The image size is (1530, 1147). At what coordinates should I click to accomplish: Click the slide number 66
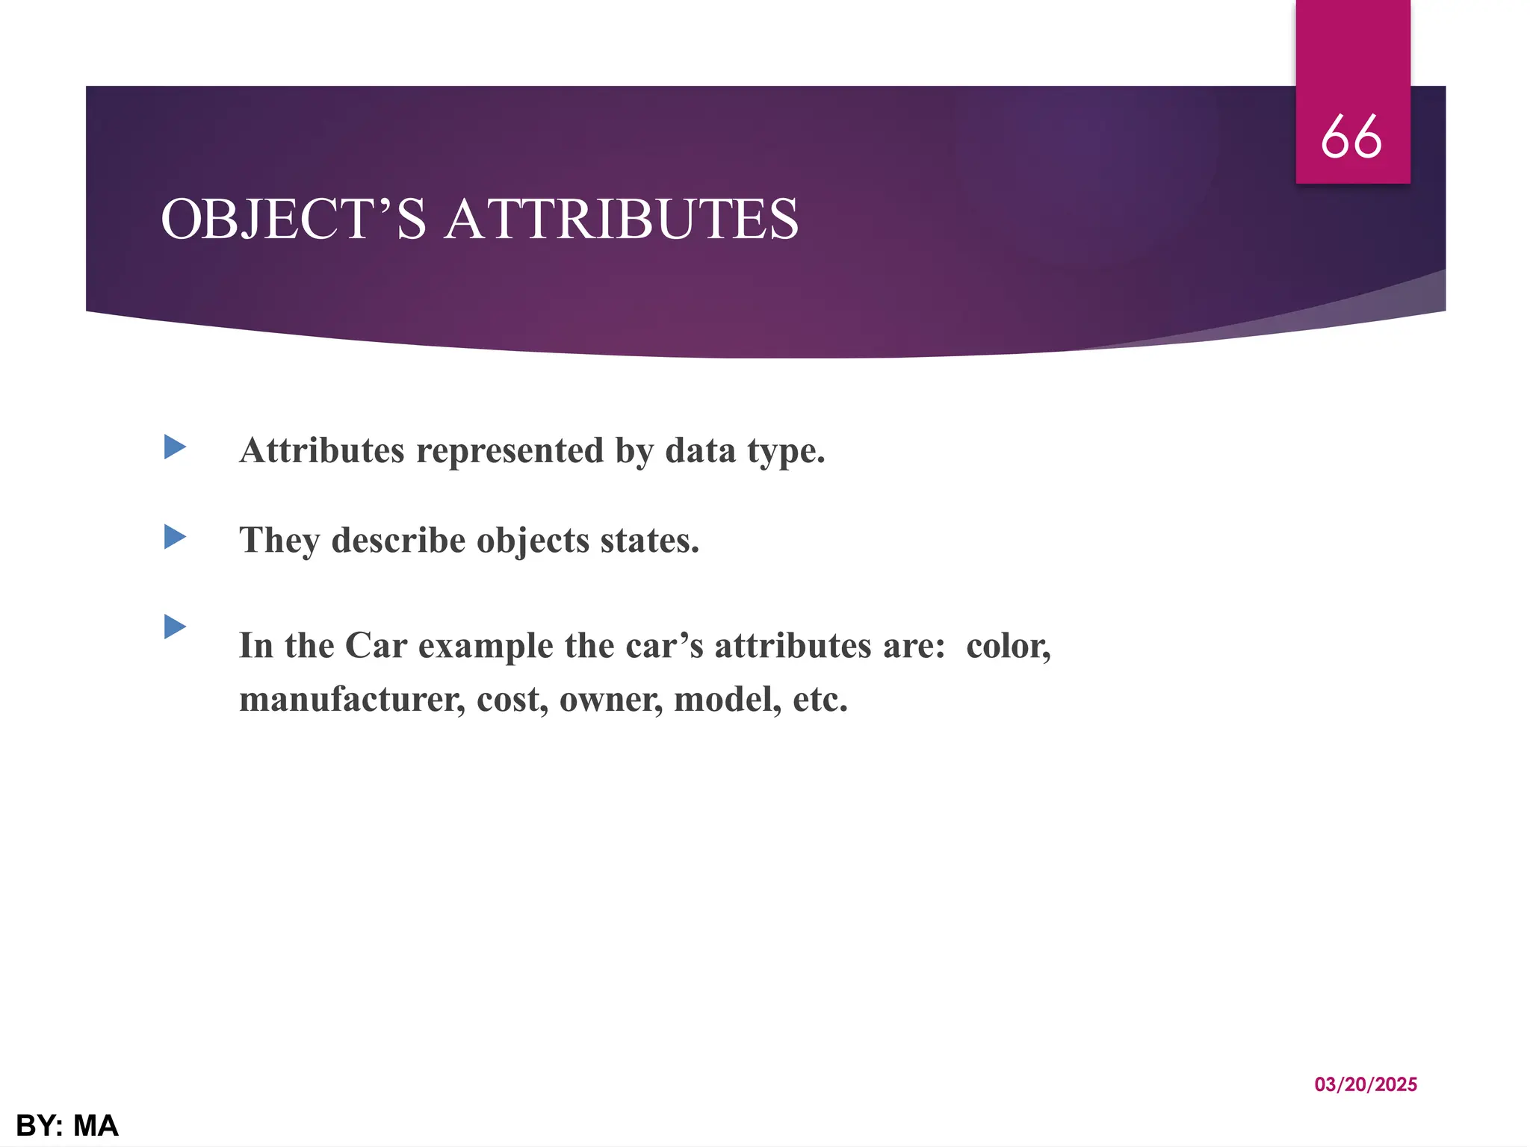click(x=1351, y=137)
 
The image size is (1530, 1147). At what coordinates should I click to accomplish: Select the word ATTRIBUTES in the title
click(x=622, y=220)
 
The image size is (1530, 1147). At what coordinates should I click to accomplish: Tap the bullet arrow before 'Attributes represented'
click(x=175, y=447)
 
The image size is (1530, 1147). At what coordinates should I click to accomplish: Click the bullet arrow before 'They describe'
click(x=175, y=537)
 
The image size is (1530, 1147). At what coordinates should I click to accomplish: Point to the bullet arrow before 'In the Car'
click(x=175, y=627)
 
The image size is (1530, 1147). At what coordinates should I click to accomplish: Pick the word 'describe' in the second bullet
click(x=398, y=541)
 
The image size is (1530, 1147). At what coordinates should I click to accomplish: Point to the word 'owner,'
click(x=611, y=700)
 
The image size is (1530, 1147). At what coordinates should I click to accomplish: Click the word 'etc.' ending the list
click(x=820, y=700)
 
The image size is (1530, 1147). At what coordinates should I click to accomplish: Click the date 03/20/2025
click(x=1366, y=1085)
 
